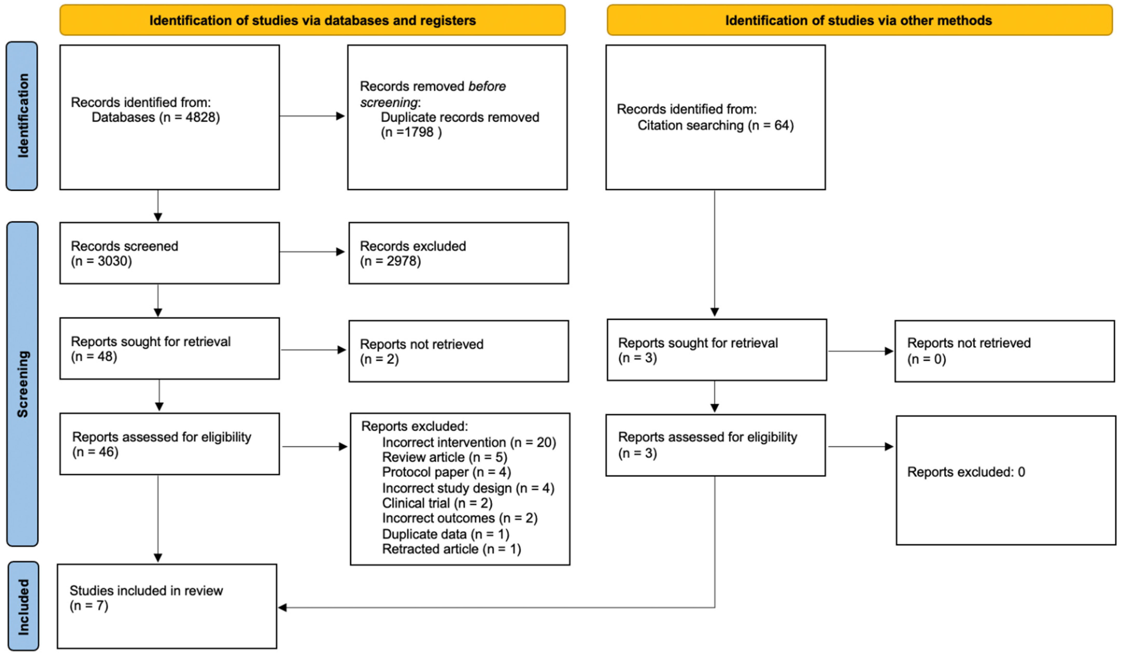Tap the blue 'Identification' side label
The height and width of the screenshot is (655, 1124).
tap(22, 116)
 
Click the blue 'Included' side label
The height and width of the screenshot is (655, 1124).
tap(23, 606)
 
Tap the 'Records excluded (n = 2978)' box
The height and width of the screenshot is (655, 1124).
tap(458, 253)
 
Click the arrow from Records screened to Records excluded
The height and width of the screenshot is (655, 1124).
tap(312, 252)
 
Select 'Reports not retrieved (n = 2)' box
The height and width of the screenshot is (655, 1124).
tap(458, 351)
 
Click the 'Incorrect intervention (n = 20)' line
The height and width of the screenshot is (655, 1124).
tap(469, 442)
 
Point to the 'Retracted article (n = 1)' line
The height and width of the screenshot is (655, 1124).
tap(451, 549)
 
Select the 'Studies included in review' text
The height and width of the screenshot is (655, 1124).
tap(146, 591)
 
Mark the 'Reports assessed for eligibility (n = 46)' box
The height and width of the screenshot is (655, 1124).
tap(170, 444)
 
